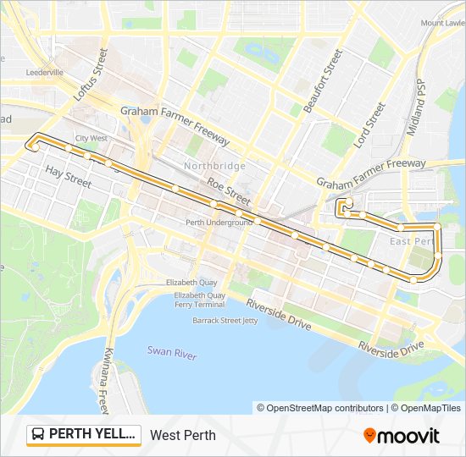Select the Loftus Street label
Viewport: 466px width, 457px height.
pyautogui.click(x=91, y=75)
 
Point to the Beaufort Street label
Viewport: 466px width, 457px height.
pyautogui.click(x=322, y=81)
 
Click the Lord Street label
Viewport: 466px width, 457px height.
pyautogui.click(x=369, y=125)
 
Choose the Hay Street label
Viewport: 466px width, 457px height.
pyautogui.click(x=68, y=176)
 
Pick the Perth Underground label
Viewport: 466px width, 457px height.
pyautogui.click(x=219, y=223)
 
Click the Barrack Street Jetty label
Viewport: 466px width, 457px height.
pyautogui.click(x=224, y=321)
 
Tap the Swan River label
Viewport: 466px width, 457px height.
pyautogui.click(x=171, y=351)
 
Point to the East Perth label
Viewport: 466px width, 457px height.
pyautogui.click(x=410, y=242)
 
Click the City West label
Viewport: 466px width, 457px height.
pyautogui.click(x=91, y=138)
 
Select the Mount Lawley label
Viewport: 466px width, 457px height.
pyautogui.click(x=442, y=23)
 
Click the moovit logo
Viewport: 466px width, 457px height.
pyautogui.click(x=402, y=436)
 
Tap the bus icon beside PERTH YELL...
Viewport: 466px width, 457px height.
pyautogui.click(x=38, y=435)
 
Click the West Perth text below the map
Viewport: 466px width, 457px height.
pyautogui.click(x=183, y=436)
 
